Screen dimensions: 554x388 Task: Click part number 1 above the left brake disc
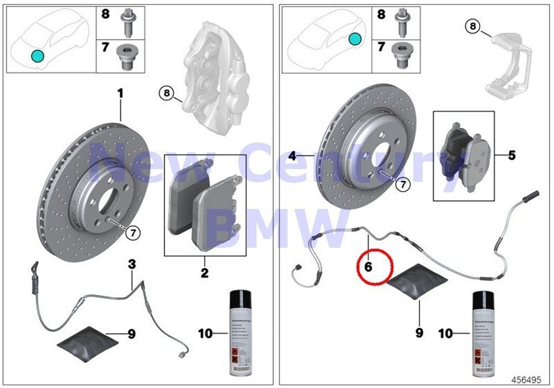pyautogui.click(x=120, y=94)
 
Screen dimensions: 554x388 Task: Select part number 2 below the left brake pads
pyautogui.click(x=204, y=272)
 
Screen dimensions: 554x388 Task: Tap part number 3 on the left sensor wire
pyautogui.click(x=132, y=266)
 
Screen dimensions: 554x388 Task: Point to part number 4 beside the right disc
pyautogui.click(x=292, y=156)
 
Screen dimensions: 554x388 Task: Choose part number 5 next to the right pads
pyautogui.click(x=511, y=155)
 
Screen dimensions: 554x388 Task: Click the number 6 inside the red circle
pyautogui.click(x=368, y=266)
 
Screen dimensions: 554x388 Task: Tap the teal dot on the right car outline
pyautogui.click(x=355, y=39)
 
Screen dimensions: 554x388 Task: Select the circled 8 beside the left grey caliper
pyautogui.click(x=166, y=93)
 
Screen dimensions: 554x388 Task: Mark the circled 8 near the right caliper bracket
pyautogui.click(x=471, y=25)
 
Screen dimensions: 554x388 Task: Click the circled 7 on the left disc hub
pyautogui.click(x=133, y=233)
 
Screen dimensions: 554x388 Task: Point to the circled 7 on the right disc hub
pyautogui.click(x=402, y=185)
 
